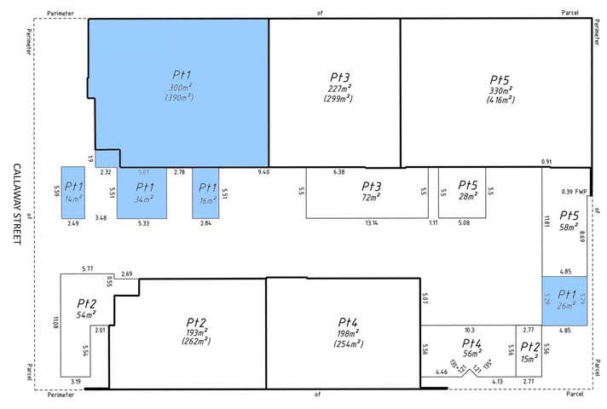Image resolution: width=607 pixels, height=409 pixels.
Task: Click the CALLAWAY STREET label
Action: (x=17, y=204)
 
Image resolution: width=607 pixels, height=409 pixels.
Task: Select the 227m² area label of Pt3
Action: (x=334, y=87)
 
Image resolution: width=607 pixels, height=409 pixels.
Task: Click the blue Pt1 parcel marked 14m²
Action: (x=74, y=193)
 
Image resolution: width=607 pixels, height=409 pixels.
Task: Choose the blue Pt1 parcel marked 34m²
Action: (x=144, y=193)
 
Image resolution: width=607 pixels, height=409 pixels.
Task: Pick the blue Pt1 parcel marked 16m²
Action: (x=207, y=193)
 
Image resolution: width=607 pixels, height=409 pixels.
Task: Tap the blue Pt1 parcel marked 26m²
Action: (x=564, y=300)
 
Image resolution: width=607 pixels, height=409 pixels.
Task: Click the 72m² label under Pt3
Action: (x=371, y=197)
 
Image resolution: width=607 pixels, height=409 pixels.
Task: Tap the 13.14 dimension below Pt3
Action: (x=369, y=223)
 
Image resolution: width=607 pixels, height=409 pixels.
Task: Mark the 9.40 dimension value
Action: (x=263, y=172)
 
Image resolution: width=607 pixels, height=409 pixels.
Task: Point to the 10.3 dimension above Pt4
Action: (x=469, y=330)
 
